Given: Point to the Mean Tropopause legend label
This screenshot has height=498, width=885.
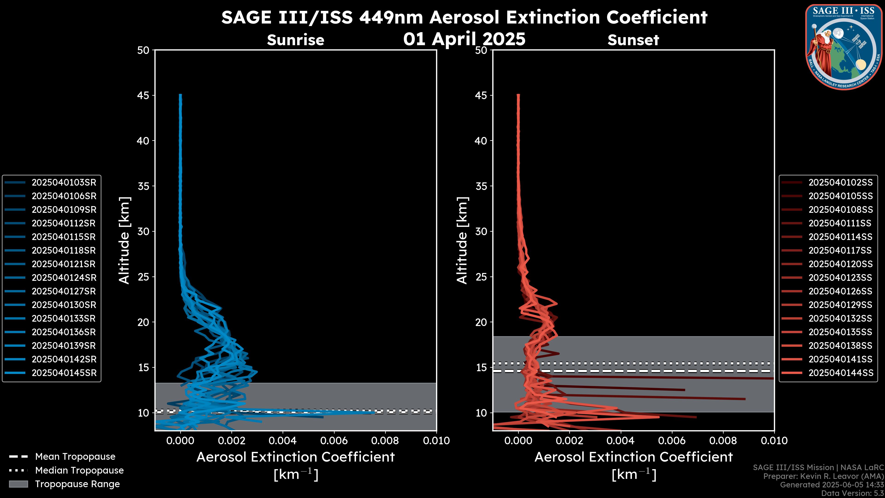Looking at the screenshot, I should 75,457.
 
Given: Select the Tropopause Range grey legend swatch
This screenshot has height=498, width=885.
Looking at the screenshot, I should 18,484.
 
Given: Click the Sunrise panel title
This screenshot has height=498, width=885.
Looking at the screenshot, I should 295,40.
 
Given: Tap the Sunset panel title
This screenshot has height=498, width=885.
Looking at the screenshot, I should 633,40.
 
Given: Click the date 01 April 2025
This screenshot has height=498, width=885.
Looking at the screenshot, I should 464,39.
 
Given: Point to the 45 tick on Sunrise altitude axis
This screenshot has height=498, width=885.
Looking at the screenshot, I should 144,95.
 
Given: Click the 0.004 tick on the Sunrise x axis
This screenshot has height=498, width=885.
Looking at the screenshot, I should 282,441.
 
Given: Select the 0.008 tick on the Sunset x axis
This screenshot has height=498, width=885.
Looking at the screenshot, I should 723,441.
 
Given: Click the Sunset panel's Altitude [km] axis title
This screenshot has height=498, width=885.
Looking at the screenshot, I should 462,240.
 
